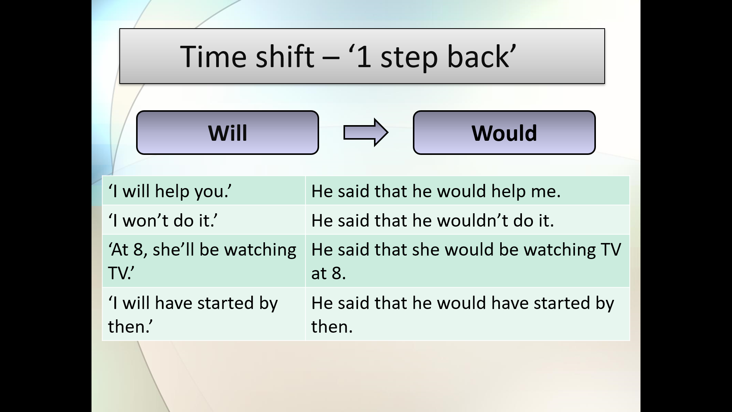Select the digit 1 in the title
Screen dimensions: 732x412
tap(364, 57)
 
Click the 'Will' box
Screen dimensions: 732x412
tap(228, 133)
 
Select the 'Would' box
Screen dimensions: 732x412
tap(504, 133)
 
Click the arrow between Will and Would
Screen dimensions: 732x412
tap(366, 132)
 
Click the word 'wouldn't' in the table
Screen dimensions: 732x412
tap(472, 220)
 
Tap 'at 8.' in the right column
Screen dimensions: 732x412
tap(328, 274)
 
